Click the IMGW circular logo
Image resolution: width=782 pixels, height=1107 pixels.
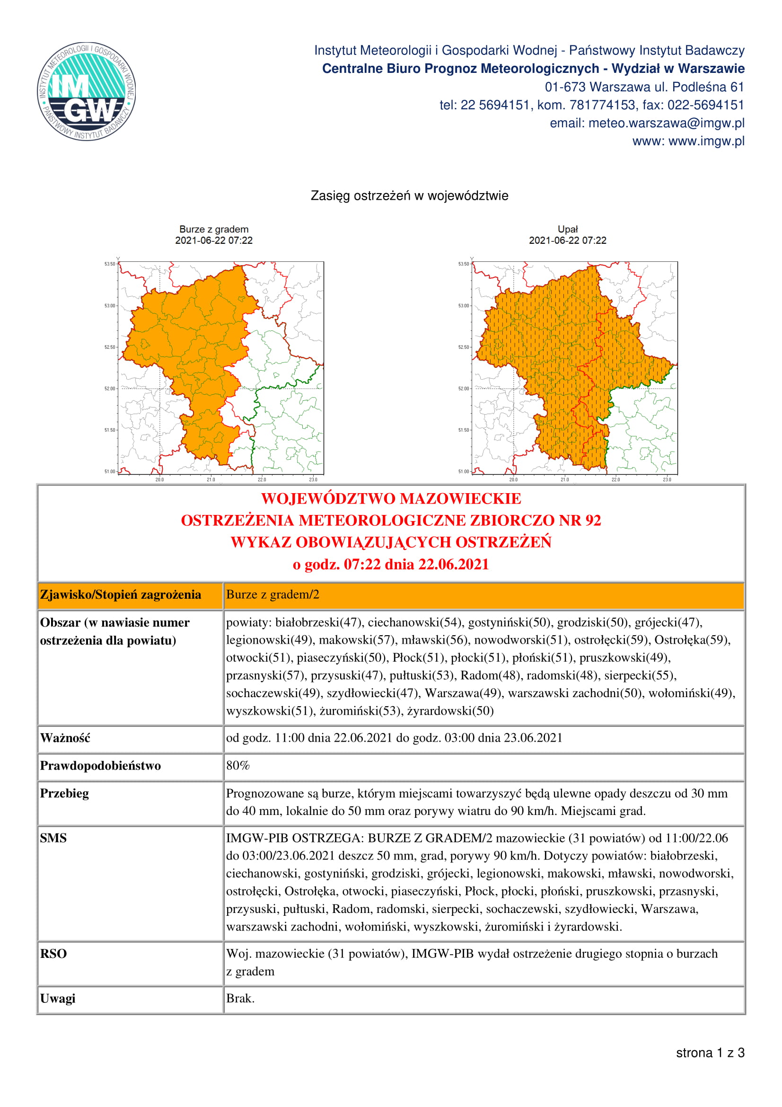click(x=87, y=91)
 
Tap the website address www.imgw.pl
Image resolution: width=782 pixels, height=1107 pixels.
click(x=688, y=141)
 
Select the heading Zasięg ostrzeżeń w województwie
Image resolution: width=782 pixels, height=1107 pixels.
click(x=409, y=196)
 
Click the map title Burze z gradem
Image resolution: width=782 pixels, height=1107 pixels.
click(x=213, y=229)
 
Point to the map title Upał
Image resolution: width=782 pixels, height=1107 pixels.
click(x=567, y=229)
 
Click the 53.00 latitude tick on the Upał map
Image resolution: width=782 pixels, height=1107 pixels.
click(x=463, y=306)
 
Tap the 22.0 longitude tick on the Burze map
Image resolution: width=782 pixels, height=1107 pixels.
click(x=262, y=479)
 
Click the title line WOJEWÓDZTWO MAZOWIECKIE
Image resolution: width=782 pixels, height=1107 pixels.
click(x=391, y=498)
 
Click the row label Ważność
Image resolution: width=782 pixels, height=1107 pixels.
click(x=65, y=738)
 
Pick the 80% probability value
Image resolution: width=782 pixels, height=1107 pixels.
click(x=238, y=766)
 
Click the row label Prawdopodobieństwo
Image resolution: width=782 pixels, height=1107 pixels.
click(x=100, y=766)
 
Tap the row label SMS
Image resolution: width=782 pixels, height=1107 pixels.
click(x=53, y=838)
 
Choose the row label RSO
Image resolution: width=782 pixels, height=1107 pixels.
click(x=53, y=954)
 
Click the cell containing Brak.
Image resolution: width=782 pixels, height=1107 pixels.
click(x=240, y=998)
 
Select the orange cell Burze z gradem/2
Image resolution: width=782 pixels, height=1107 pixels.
click(x=272, y=594)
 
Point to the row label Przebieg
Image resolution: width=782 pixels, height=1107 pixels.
click(x=64, y=793)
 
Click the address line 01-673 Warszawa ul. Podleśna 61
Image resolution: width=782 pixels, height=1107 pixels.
click(x=644, y=87)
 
